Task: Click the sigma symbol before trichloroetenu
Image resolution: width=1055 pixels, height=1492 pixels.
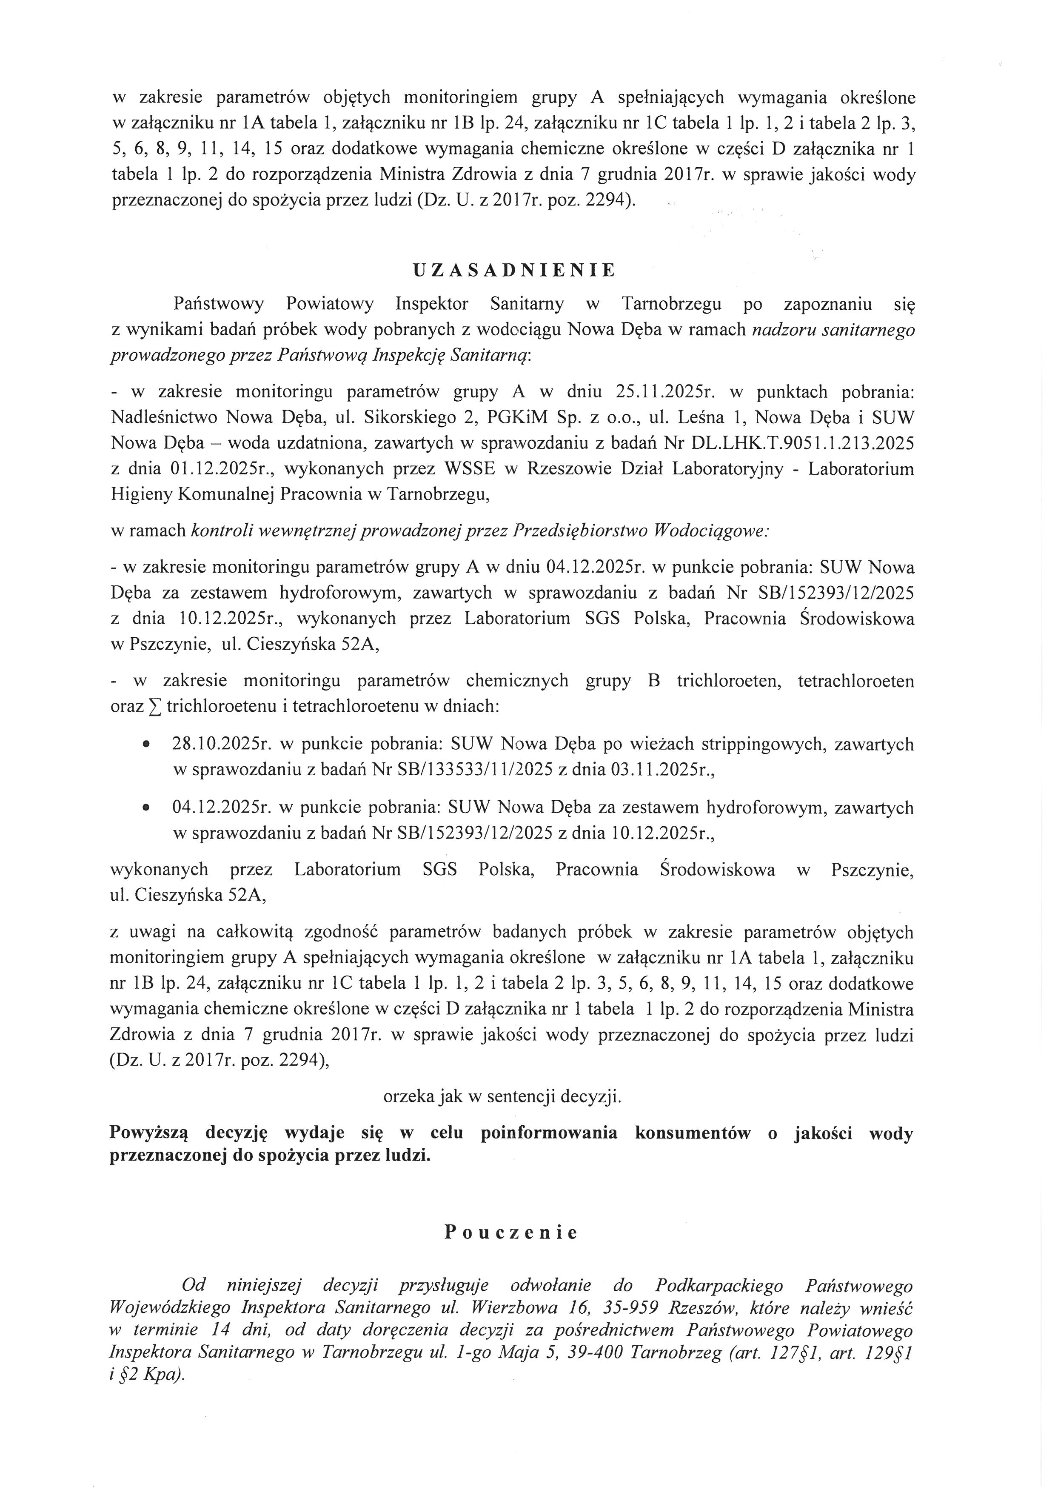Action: click(x=154, y=707)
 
